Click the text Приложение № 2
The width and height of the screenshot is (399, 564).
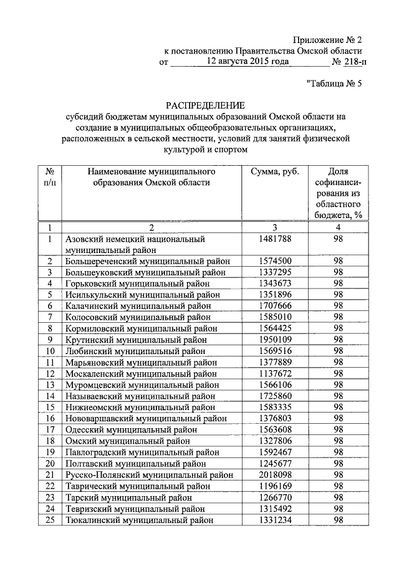coord(327,40)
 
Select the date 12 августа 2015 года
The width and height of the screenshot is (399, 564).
coord(249,62)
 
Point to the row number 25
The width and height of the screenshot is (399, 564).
coord(49,519)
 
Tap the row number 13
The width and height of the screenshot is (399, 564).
coord(49,385)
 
